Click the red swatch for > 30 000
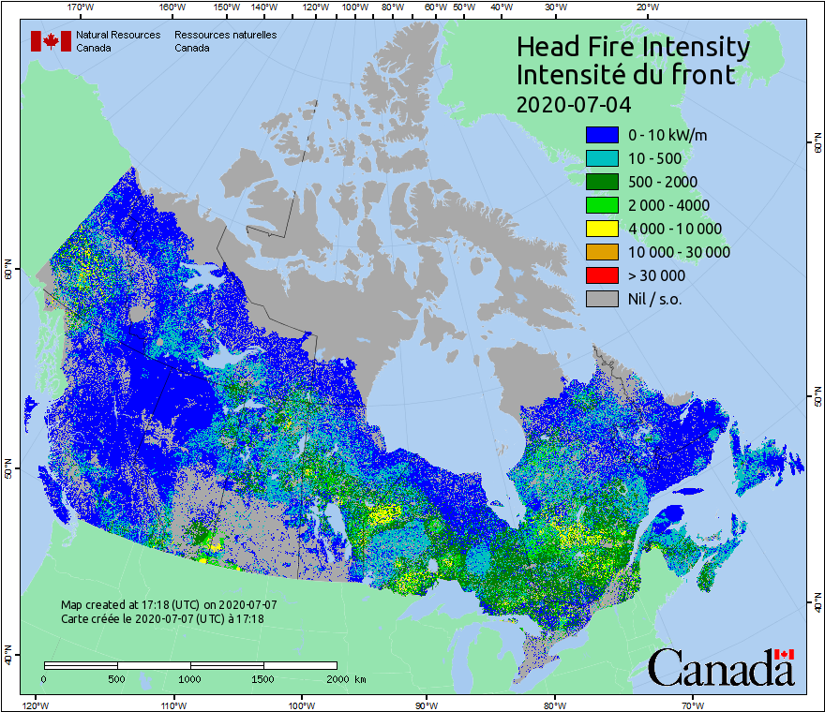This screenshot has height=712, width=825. click(x=600, y=275)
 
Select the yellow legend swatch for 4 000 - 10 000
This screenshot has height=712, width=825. click(x=600, y=229)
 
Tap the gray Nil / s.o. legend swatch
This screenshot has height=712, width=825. click(x=600, y=299)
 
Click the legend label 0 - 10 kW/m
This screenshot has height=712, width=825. click(x=667, y=135)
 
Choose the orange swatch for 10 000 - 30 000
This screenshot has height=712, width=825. click(x=600, y=252)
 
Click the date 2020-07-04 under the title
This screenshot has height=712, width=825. click(x=573, y=102)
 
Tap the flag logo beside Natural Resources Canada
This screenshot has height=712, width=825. click(x=51, y=41)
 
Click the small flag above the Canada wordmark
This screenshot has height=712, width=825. click(x=784, y=654)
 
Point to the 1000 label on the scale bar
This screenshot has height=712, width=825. click(x=190, y=678)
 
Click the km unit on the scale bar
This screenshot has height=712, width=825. click(x=360, y=678)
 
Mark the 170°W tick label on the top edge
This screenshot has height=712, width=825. click(x=82, y=7)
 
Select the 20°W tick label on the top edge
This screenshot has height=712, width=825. click(x=646, y=7)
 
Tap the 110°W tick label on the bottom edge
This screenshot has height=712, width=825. click(x=172, y=704)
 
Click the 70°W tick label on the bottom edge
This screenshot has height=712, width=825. click(x=693, y=704)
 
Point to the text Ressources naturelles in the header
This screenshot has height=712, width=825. click(x=225, y=35)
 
